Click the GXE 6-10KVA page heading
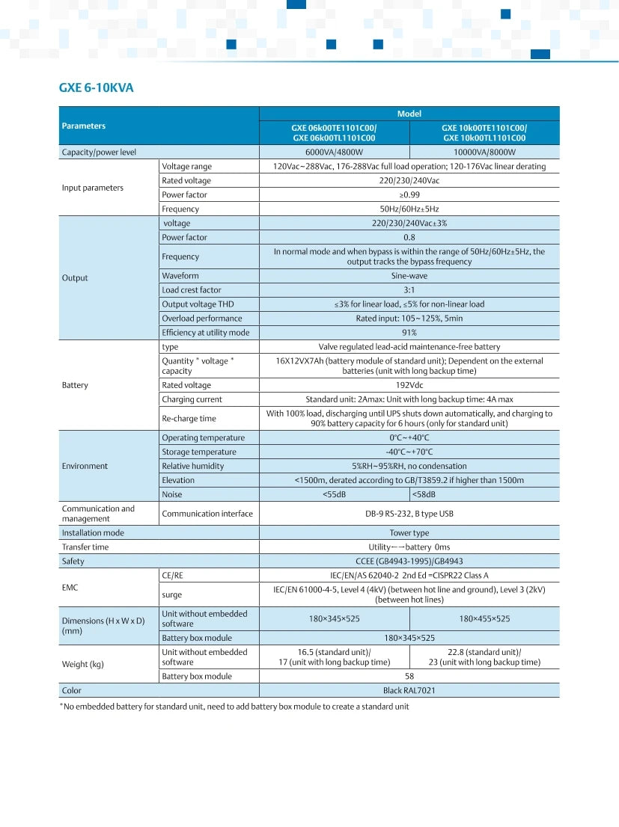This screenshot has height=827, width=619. [96, 87]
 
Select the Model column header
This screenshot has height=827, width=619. [409, 114]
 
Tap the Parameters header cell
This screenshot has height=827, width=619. [84, 126]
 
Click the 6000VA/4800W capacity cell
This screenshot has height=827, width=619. [334, 152]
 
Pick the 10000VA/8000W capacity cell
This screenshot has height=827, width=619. [484, 152]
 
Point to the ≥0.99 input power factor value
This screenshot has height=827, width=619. [409, 194]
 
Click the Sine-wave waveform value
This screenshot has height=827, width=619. [409, 275]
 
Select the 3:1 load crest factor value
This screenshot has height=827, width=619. [409, 289]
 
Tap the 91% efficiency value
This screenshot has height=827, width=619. [409, 332]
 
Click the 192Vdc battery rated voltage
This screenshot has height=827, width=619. [409, 385]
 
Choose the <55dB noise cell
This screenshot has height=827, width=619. [334, 494]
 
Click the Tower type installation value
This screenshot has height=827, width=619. [409, 532]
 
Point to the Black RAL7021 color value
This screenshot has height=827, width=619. [409, 690]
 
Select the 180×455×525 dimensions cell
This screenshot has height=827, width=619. [484, 618]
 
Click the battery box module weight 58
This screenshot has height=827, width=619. [409, 676]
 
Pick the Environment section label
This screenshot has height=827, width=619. [85, 466]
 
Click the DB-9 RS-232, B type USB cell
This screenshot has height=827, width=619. [409, 514]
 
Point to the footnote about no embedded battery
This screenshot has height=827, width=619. [234, 707]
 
